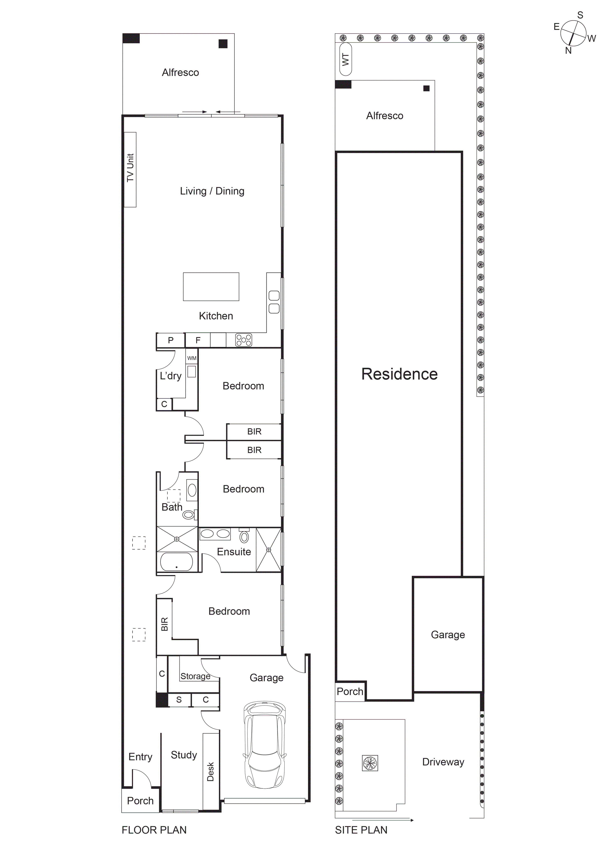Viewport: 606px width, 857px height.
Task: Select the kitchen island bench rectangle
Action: point(211,287)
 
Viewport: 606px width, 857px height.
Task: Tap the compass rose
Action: point(573,33)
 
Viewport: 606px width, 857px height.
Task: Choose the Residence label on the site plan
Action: point(399,374)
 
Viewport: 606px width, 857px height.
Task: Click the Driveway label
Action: point(443,762)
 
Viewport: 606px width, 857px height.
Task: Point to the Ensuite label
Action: point(234,552)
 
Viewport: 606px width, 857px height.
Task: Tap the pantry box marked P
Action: point(171,340)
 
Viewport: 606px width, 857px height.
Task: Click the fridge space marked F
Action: point(198,340)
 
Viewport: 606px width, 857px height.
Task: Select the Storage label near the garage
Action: point(195,676)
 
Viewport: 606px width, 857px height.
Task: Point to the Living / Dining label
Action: point(212,191)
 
